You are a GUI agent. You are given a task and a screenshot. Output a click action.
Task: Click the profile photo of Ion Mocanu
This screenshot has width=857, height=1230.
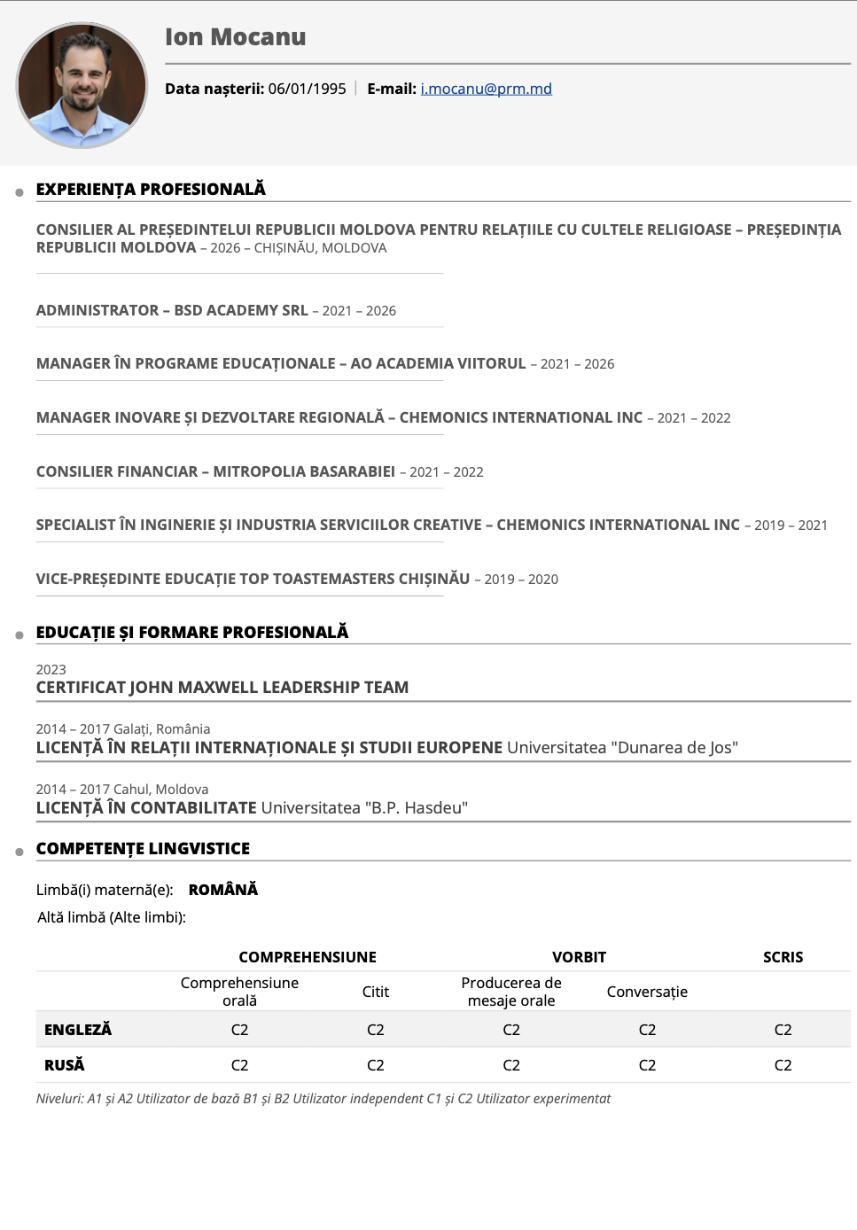82,85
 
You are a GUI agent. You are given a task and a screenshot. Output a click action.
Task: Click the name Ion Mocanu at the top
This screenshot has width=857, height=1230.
235,37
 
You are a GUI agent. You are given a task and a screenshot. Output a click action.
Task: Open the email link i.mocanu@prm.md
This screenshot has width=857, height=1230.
486,89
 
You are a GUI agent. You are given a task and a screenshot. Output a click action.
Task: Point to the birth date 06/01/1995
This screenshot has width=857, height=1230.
307,89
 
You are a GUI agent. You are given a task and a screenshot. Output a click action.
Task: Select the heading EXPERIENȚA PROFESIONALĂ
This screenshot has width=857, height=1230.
151,189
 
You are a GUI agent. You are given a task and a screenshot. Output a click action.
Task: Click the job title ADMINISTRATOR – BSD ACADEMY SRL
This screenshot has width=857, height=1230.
172,310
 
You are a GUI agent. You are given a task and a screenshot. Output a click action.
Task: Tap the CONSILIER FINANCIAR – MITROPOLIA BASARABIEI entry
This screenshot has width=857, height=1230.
215,471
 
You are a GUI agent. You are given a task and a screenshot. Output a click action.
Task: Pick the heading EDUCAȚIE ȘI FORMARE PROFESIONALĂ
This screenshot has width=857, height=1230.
192,632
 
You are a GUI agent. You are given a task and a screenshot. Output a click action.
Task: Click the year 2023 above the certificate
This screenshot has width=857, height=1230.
51,670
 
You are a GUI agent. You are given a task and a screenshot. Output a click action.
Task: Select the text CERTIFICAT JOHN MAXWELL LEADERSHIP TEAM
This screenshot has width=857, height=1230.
222,688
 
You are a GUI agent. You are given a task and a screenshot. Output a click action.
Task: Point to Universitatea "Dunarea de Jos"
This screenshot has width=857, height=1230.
622,748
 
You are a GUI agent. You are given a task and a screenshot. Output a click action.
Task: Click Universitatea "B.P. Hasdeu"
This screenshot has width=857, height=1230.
364,808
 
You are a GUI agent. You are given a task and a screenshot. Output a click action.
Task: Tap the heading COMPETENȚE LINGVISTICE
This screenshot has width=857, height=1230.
143,848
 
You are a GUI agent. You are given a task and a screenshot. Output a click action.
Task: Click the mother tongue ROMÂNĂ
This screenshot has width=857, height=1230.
223,890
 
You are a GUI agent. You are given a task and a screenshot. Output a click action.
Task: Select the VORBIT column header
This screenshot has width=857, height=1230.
579,957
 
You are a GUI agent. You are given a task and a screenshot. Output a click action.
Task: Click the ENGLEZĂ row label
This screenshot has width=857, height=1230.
78,1030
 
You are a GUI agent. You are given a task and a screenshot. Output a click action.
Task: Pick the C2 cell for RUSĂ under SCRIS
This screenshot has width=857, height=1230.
783,1065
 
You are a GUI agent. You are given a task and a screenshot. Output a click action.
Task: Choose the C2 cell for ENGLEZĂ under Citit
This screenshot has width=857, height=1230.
376,1030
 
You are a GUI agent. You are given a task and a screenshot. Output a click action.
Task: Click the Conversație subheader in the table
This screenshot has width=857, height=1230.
647,992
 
